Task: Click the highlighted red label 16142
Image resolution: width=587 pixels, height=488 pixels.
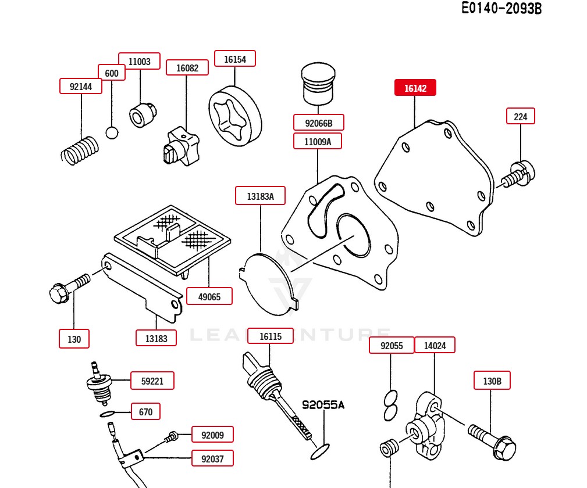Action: point(415,88)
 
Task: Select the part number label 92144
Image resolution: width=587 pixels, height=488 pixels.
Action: point(81,87)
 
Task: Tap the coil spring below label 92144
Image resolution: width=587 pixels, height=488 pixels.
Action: point(80,150)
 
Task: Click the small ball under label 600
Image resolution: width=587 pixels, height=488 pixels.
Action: point(112,132)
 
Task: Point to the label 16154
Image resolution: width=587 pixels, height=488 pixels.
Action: point(235,59)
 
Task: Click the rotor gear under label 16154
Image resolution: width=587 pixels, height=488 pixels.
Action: point(235,116)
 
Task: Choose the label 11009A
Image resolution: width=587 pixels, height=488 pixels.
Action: point(318,141)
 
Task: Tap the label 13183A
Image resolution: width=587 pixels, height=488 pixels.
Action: point(260,196)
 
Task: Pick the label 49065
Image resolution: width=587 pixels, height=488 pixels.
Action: point(209,296)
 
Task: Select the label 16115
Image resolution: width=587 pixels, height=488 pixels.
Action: point(271,336)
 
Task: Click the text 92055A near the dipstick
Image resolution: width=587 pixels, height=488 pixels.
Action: point(322,405)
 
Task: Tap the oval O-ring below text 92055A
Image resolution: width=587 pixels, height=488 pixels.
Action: point(320,451)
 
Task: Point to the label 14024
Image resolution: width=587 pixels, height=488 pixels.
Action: point(435,346)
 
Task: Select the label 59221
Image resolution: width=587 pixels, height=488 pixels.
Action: point(152,381)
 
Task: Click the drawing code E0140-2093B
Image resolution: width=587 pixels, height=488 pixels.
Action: point(501,9)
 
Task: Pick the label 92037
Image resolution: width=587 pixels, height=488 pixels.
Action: point(212,458)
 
